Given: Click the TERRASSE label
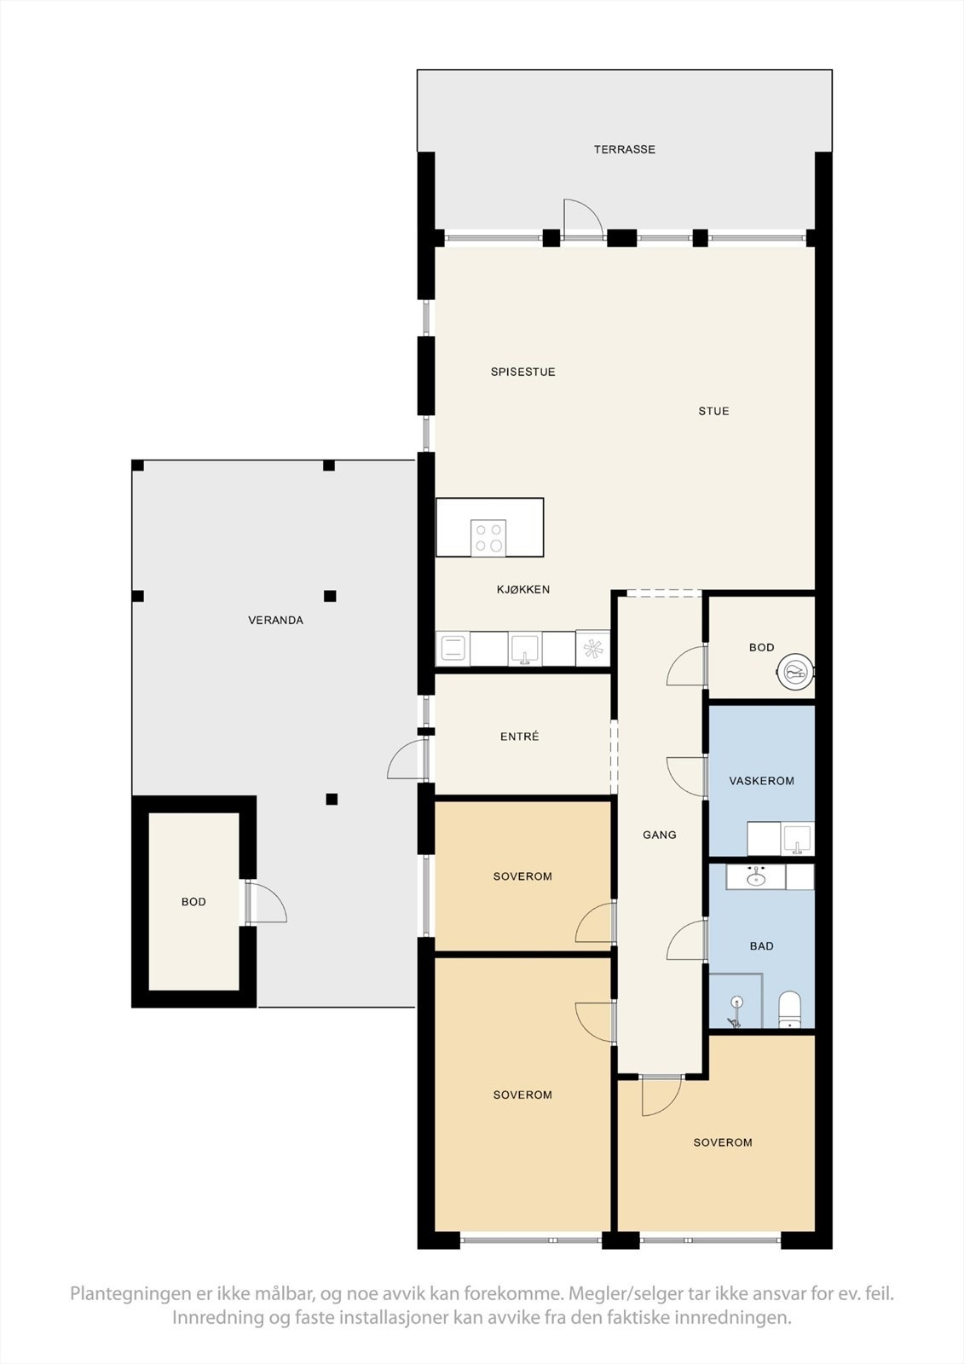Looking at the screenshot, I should pyautogui.click(x=624, y=149).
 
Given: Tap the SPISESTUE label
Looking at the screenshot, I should pyautogui.click(x=522, y=372).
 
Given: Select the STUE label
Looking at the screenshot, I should pyautogui.click(x=713, y=411).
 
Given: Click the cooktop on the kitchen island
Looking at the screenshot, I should pyautogui.click(x=488, y=537).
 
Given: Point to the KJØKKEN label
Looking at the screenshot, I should pyautogui.click(x=523, y=589).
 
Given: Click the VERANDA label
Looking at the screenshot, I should pyautogui.click(x=275, y=620).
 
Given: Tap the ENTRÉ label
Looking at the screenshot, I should pyautogui.click(x=519, y=737).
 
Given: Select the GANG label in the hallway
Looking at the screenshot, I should pyautogui.click(x=659, y=835).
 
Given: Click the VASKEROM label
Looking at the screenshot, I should pyautogui.click(x=761, y=781).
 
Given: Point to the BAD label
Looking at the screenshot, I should pyautogui.click(x=761, y=945).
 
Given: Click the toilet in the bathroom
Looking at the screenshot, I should pyautogui.click(x=790, y=1009).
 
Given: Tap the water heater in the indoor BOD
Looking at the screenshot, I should pyautogui.click(x=796, y=673).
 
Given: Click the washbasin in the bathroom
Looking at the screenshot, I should pyautogui.click(x=755, y=876).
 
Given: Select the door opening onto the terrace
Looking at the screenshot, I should pyautogui.click(x=583, y=220).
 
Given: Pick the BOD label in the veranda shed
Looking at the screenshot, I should pyautogui.click(x=193, y=902).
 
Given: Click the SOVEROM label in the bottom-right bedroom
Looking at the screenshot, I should pyautogui.click(x=722, y=1142).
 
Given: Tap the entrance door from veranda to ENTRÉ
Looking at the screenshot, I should pyautogui.click(x=407, y=759).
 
